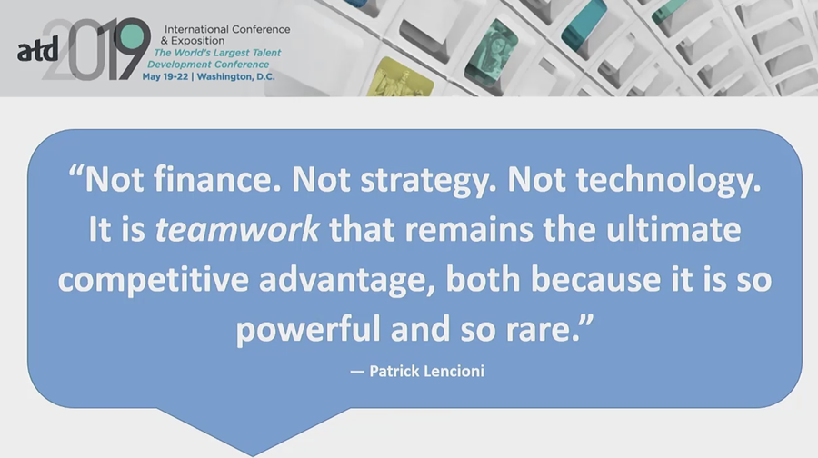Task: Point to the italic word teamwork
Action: click(237, 230)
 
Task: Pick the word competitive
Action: click(154, 280)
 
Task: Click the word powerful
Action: click(308, 330)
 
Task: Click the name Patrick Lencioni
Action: click(427, 371)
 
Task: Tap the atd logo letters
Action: click(37, 50)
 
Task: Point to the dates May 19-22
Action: click(165, 76)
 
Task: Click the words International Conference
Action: click(227, 29)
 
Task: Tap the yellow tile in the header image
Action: click(401, 78)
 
